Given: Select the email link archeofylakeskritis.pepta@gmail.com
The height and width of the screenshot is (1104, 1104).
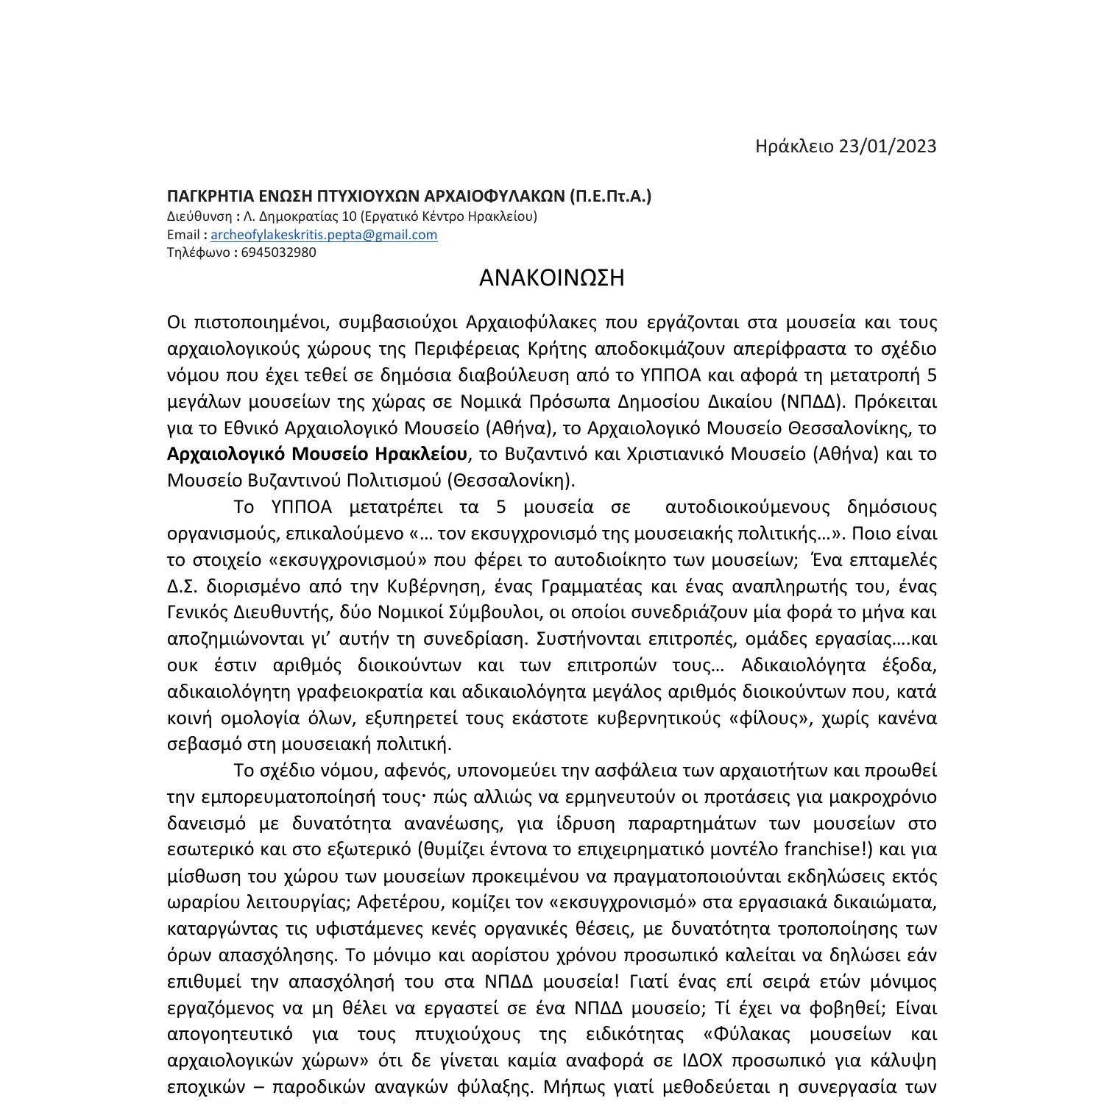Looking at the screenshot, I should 324,235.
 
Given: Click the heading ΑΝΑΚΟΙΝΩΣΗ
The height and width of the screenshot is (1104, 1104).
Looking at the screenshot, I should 551,278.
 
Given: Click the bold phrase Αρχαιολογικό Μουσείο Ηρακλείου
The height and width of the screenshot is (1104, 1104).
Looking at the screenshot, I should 316,454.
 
